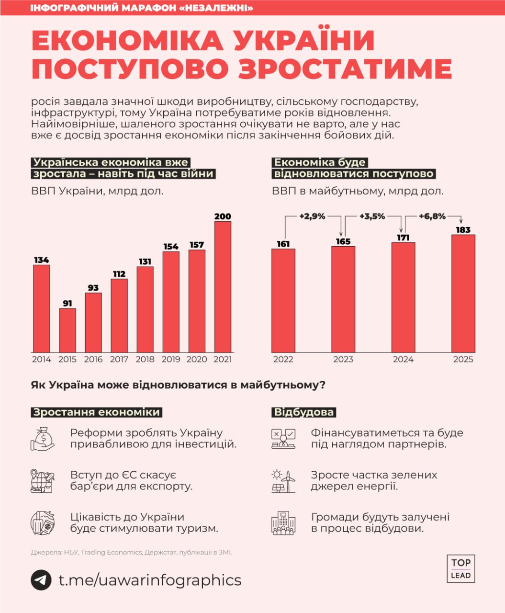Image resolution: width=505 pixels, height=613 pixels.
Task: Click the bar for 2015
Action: pyautogui.click(x=67, y=330)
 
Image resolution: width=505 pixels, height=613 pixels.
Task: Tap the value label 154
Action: pyautogui.click(x=170, y=247)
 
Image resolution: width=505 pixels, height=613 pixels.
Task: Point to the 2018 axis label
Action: pyautogui.click(x=145, y=359)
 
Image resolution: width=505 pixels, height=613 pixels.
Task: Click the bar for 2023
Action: pyautogui.click(x=343, y=299)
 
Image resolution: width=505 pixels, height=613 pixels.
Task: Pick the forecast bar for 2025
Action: pyautogui.click(x=463, y=293)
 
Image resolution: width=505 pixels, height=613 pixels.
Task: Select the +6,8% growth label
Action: pyautogui.click(x=432, y=216)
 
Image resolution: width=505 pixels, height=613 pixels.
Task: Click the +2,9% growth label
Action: pyautogui.click(x=312, y=216)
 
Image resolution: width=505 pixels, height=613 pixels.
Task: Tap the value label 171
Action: pyautogui.click(x=403, y=238)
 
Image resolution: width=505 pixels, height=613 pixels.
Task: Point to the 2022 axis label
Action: pyautogui.click(x=283, y=359)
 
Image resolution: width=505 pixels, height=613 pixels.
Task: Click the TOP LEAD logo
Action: pyautogui.click(x=460, y=568)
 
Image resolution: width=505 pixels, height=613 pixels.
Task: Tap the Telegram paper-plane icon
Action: pyautogui.click(x=41, y=580)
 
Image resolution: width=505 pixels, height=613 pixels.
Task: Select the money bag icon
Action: pyautogui.click(x=43, y=439)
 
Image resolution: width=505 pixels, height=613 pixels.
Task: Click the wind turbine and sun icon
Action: pyautogui.click(x=283, y=481)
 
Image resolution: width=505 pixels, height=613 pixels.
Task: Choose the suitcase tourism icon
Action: pyautogui.click(x=43, y=522)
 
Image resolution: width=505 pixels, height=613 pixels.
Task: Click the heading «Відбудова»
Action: pyautogui.click(x=303, y=412)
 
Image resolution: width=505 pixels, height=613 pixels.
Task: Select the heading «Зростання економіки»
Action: pyautogui.click(x=96, y=412)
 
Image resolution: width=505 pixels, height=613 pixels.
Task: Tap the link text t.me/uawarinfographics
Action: pyautogui.click(x=150, y=580)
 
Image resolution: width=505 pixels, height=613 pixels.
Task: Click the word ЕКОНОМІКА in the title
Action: pyautogui.click(x=127, y=41)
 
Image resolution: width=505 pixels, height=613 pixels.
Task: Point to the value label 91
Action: pyautogui.click(x=67, y=304)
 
